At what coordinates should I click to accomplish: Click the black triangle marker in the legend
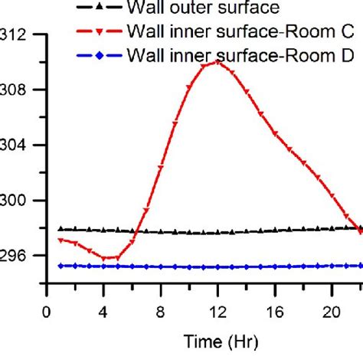click(x=100, y=9)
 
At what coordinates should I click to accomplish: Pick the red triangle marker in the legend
click(x=100, y=32)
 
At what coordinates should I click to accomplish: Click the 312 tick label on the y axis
click(x=18, y=35)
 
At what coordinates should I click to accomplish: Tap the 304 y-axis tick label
click(x=18, y=146)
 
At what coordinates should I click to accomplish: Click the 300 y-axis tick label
click(x=18, y=201)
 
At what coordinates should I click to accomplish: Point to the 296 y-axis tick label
click(x=18, y=256)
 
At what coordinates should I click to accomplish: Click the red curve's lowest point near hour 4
click(x=103, y=258)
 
